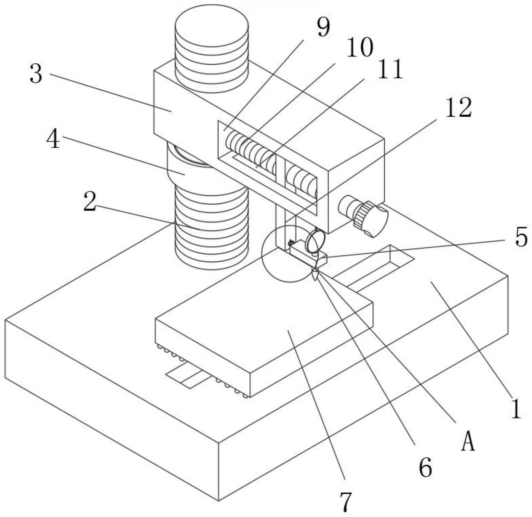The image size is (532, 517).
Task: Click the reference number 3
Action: point(36,74)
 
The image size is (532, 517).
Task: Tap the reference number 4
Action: point(53,140)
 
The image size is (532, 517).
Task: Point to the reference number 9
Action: point(323,28)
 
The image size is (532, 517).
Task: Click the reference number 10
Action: point(359,48)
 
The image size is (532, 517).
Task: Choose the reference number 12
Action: point(458,107)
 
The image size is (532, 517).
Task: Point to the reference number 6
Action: point(426,468)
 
